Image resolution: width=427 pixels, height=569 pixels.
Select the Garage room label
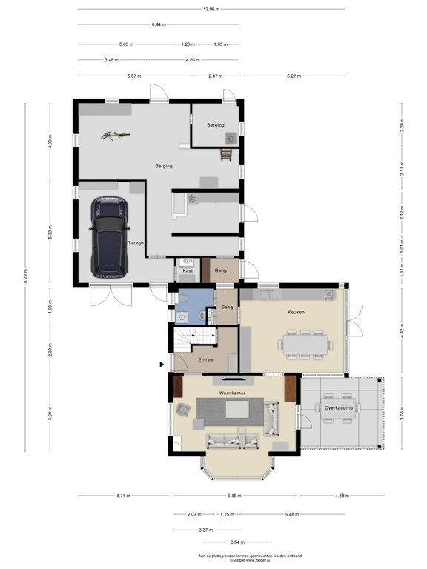[x=135, y=243]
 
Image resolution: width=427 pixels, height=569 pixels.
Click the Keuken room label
[x=297, y=312]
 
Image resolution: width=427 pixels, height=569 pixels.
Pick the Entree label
[x=205, y=360]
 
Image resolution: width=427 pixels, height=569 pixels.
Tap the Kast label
[x=188, y=272]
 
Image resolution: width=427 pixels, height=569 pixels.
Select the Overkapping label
[x=339, y=407]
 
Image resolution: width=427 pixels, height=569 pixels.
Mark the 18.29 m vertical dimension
[x=24, y=277]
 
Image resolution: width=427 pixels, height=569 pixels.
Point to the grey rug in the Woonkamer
[x=230, y=413]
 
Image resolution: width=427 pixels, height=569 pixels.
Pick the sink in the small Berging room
[x=233, y=138]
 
